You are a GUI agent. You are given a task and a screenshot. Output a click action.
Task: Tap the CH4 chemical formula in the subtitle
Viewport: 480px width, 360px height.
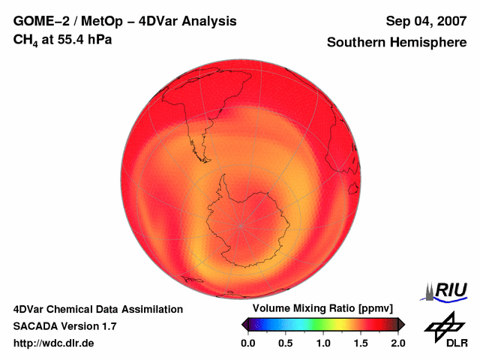(26, 39)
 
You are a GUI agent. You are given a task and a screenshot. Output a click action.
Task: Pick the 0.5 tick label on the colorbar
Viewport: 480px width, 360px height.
(285, 343)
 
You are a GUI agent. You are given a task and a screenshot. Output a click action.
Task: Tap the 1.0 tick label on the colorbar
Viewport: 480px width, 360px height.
(323, 343)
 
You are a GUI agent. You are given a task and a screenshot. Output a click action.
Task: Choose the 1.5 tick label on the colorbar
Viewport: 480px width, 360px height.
(361, 343)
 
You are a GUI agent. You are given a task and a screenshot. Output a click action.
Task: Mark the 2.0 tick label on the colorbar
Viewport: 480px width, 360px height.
(397, 343)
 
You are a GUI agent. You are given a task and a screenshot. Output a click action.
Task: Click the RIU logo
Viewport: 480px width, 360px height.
(445, 290)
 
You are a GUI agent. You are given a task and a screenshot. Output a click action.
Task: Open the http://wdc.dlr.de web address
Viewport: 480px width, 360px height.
(54, 343)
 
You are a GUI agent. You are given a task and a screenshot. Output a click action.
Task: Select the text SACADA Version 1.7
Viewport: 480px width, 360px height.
(64, 326)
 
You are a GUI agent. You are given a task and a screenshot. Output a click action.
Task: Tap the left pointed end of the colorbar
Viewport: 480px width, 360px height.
(244, 324)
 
